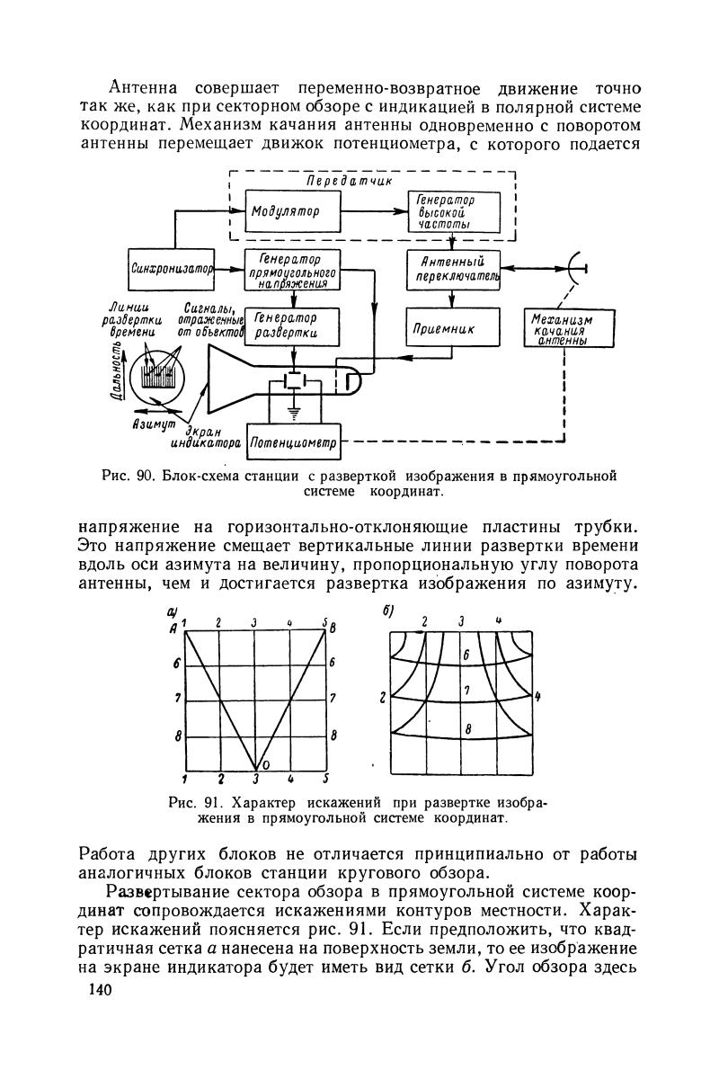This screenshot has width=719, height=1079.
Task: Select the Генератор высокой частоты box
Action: click(x=452, y=211)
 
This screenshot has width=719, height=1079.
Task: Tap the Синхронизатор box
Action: click(x=174, y=267)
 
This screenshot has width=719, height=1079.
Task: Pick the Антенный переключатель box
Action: click(x=452, y=269)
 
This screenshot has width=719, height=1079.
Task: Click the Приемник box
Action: click(x=452, y=330)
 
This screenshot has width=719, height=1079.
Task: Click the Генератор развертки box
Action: click(x=286, y=326)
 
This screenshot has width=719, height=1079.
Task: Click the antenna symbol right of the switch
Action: click(x=576, y=267)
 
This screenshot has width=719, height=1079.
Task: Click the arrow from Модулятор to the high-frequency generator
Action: click(x=373, y=211)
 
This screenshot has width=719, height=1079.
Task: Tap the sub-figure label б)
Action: click(x=389, y=611)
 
